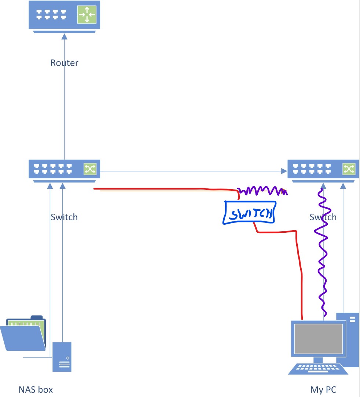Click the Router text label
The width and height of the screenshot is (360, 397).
coord(65,63)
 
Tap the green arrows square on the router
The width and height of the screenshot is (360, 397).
coord(87,15)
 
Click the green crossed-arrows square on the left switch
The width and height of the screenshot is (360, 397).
coord(90,169)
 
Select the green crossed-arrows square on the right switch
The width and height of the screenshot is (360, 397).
coord(348,169)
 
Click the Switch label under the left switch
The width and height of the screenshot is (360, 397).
coord(64,217)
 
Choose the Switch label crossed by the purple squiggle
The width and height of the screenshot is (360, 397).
coord(323,217)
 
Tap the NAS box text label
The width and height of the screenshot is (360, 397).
coord(36,389)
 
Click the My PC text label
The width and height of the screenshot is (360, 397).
coord(323,389)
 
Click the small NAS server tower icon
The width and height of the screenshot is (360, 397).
coord(62,357)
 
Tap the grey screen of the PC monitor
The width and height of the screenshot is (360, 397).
coord(319,339)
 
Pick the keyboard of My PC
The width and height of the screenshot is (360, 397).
coord(318,369)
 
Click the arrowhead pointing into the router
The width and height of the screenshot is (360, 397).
coord(65,36)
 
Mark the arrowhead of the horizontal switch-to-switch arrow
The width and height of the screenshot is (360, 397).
coord(284,171)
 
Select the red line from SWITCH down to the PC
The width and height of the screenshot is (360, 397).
coord(300,271)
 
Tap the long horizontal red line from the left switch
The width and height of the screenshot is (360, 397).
coord(165,189)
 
